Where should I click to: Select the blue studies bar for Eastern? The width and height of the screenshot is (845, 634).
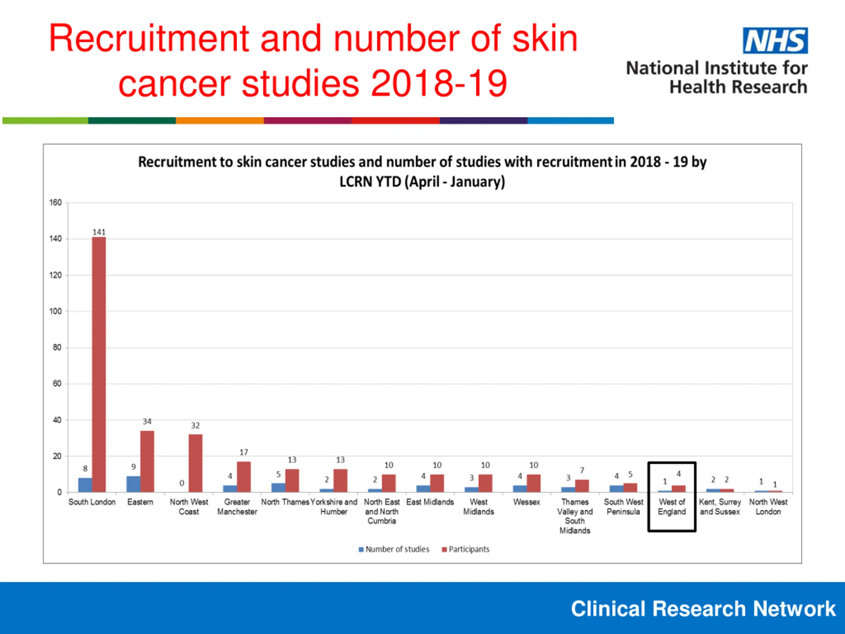pyautogui.click(x=133, y=484)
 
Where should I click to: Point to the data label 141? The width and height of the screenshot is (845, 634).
pyautogui.click(x=99, y=232)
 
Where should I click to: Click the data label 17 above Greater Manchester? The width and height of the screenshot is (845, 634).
pyautogui.click(x=244, y=452)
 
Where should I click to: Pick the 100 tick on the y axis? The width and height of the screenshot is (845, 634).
pyautogui.click(x=55, y=311)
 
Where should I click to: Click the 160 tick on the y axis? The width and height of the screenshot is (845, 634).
pyautogui.click(x=55, y=202)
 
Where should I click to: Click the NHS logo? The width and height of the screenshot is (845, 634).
pyautogui.click(x=775, y=41)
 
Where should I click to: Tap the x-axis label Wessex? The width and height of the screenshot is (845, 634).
pyautogui.click(x=526, y=502)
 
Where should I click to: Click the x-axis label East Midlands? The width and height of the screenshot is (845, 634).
pyautogui.click(x=430, y=502)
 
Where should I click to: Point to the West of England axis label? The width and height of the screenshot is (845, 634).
pyautogui.click(x=672, y=507)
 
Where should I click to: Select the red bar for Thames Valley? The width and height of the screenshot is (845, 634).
pyautogui.click(x=582, y=486)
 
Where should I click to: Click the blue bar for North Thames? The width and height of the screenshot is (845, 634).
pyautogui.click(x=278, y=487)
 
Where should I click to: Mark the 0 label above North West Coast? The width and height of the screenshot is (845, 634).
pyautogui.click(x=182, y=483)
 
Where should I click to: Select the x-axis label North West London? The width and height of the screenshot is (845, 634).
pyautogui.click(x=768, y=507)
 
